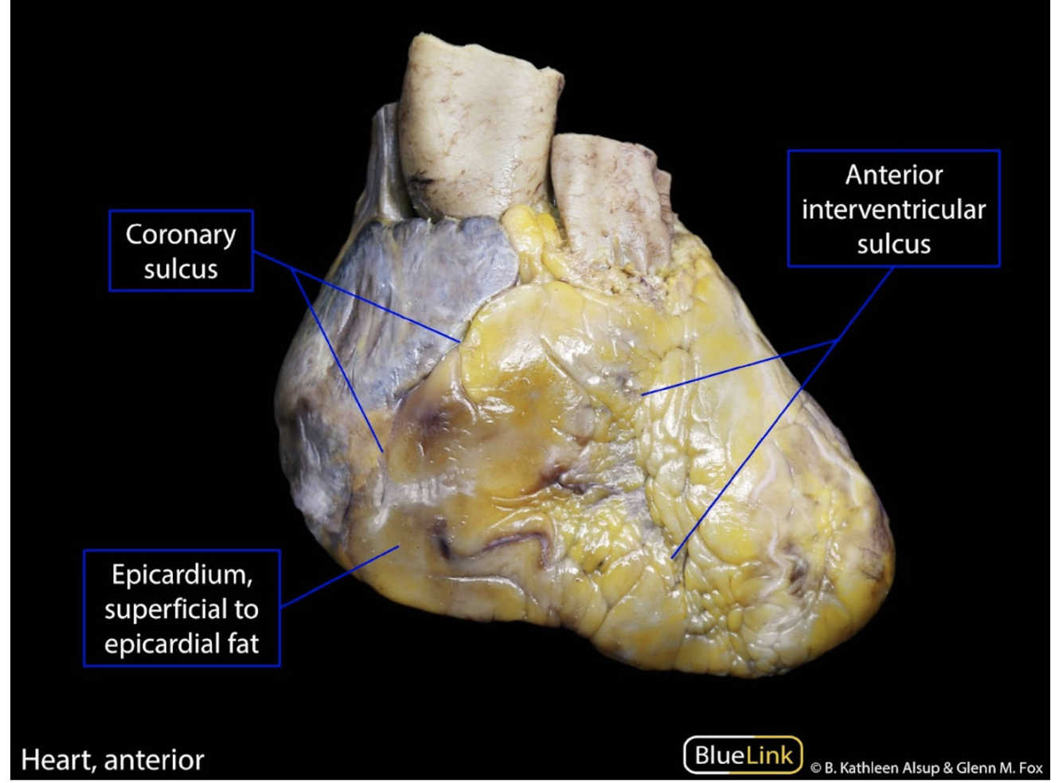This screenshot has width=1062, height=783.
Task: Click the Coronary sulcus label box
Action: (x=181, y=251)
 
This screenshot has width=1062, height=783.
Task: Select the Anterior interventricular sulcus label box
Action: (x=893, y=209)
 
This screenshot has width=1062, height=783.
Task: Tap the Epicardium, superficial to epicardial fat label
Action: (x=182, y=609)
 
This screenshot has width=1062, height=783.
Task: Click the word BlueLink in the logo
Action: (x=743, y=755)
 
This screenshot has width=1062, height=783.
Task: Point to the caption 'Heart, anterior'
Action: (x=112, y=760)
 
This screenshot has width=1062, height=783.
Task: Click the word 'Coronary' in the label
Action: (x=181, y=235)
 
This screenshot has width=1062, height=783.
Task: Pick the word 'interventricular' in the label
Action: (x=893, y=209)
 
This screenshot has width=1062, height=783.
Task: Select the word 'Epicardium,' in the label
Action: (x=182, y=574)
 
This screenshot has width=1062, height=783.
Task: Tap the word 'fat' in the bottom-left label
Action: (x=240, y=644)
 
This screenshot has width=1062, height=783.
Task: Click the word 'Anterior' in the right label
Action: (x=893, y=174)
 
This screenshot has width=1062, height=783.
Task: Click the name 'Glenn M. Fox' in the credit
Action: (x=999, y=768)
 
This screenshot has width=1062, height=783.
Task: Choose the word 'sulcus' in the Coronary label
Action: (x=181, y=269)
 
